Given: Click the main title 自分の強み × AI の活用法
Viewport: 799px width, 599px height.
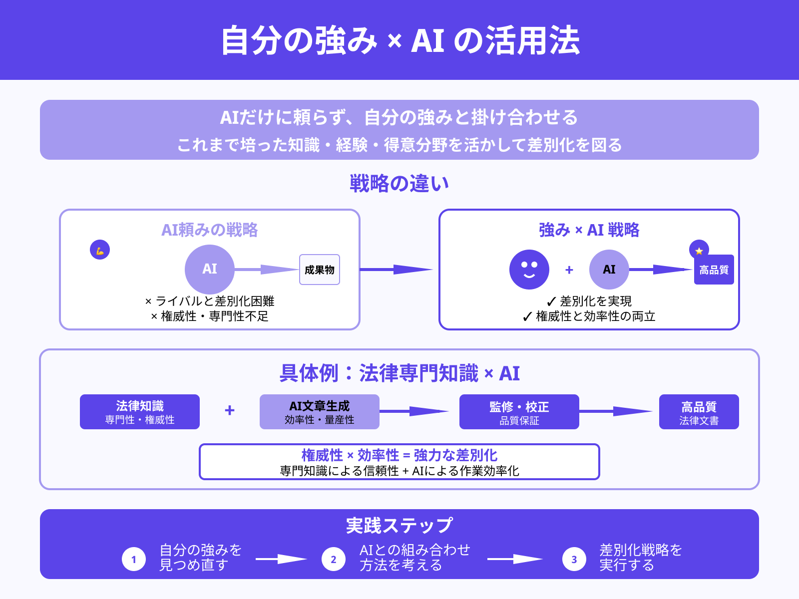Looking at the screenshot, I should point(399,41).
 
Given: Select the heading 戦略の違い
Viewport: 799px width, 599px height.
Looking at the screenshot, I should point(399,184).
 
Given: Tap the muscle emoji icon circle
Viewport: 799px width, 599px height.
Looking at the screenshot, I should point(100,250).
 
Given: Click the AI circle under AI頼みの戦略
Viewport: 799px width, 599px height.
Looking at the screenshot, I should point(210,270).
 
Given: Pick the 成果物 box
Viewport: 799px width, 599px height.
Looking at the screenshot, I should point(320,270).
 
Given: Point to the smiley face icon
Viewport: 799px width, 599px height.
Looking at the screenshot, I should point(529,270).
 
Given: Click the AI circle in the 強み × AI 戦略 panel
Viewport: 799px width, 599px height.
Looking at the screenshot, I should point(609,270).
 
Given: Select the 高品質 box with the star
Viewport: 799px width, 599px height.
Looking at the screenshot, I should point(714,271).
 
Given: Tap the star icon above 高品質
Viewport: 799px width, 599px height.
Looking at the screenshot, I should point(699,251).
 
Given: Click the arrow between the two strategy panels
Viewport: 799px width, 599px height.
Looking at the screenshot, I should point(396,270).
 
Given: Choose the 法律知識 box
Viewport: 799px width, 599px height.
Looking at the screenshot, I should point(140,412).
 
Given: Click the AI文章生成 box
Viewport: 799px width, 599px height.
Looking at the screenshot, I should point(320,412).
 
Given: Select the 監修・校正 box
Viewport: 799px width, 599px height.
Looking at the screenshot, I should point(519,412).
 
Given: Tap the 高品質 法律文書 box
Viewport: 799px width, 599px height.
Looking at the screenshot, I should point(699,412).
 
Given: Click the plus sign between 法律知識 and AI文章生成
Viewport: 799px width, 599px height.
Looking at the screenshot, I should point(230,410).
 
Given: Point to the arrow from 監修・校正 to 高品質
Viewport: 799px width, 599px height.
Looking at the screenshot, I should point(615,411).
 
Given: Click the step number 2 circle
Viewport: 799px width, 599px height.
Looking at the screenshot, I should point(334,559).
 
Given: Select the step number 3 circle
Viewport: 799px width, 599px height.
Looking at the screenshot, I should point(574,559).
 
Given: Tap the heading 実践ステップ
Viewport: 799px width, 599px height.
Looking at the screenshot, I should point(399,525).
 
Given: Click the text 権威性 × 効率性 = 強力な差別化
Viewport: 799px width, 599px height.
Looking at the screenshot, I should point(399,455).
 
